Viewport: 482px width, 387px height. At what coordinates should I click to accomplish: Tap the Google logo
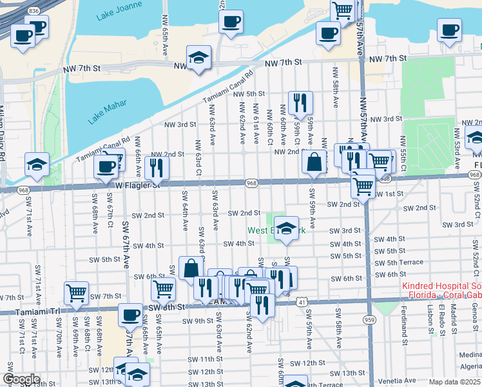pyautogui.click(x=21, y=379)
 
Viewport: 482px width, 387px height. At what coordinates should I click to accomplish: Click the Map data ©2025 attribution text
pyautogui.click(x=454, y=382)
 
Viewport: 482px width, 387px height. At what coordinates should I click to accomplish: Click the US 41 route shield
pyautogui.click(x=302, y=301)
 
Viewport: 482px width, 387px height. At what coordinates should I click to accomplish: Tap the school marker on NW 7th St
pyautogui.click(x=199, y=57)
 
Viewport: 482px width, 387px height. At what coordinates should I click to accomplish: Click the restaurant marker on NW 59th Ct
pyautogui.click(x=300, y=102)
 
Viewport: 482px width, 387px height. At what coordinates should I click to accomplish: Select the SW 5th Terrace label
pyautogui.click(x=399, y=262)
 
